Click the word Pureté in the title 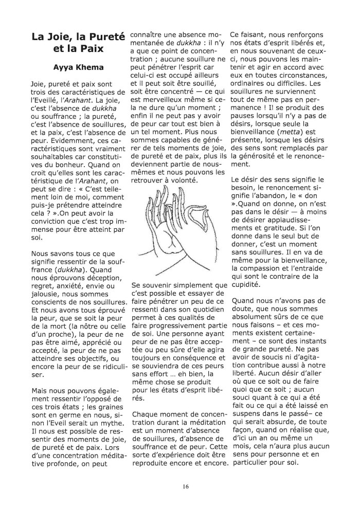coord(106,37)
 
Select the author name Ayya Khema coord(78,67)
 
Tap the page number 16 coord(180,486)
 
